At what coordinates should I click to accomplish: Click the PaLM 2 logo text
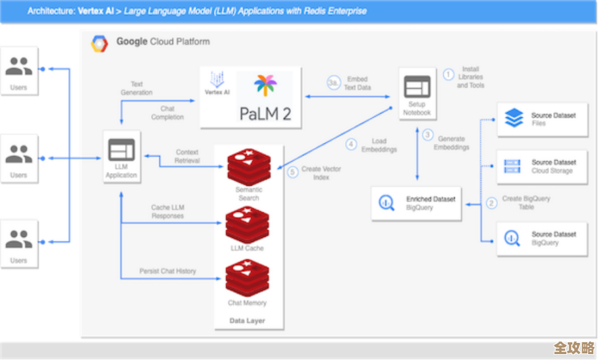pos(265,113)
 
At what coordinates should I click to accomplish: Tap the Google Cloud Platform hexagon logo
pos(99,43)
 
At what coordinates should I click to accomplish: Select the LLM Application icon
pos(121,150)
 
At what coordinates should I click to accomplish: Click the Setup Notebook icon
pos(416,88)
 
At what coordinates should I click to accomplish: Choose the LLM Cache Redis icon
pos(248,224)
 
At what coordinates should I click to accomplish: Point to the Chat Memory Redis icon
pos(248,279)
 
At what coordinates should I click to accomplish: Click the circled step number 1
pos(448,75)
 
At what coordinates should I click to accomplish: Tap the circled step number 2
pos(491,203)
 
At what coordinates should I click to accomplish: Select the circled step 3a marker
pos(334,83)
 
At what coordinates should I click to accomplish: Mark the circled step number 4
pos(351,145)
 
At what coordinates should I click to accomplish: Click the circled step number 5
pos(293,172)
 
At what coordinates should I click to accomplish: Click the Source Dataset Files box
pos(541,119)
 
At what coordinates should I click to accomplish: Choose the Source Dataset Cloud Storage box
pos(541,167)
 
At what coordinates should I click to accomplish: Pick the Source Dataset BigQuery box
pos(541,238)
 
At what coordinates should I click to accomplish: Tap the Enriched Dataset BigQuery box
pos(416,203)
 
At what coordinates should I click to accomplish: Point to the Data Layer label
pos(248,321)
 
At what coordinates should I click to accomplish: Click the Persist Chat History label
pos(167,271)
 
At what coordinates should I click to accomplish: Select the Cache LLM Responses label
pos(167,212)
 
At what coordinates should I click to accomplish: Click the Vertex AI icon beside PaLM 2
pos(217,84)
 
